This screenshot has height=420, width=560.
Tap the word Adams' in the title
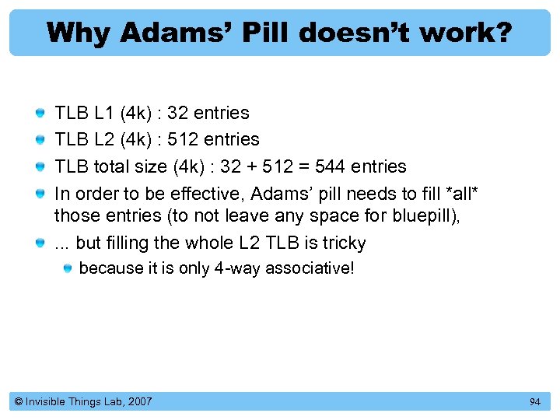(x=163, y=32)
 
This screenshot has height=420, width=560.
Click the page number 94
(x=534, y=401)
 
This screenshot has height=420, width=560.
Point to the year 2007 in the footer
(x=138, y=401)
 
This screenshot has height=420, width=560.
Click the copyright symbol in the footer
(x=18, y=401)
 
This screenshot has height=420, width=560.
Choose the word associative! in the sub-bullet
(x=310, y=268)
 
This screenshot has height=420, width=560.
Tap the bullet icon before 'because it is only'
(x=68, y=268)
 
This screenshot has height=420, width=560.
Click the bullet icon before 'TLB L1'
(x=40, y=114)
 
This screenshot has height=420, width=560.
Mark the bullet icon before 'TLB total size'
(x=40, y=167)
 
